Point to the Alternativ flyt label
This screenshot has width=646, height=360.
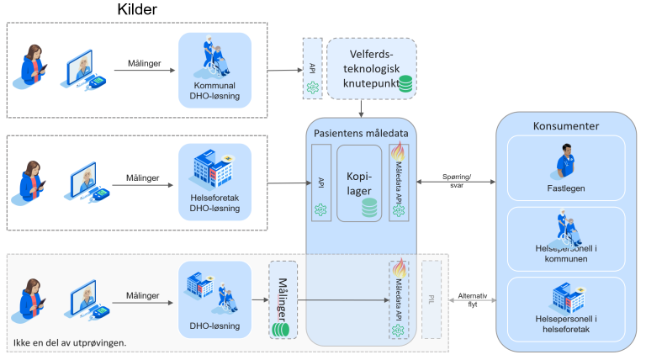(x=469, y=300)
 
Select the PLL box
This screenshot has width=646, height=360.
(x=432, y=299)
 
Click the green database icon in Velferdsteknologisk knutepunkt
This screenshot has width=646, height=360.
(x=405, y=84)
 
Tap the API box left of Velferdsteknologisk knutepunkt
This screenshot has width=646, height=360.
(x=312, y=66)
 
